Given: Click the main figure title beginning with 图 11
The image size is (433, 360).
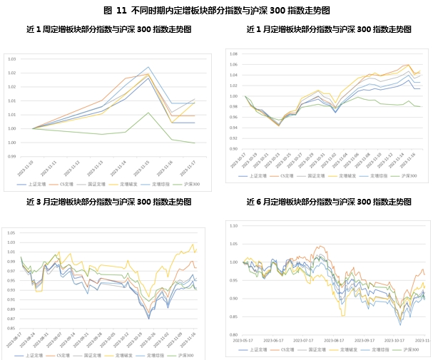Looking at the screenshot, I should point(216,10).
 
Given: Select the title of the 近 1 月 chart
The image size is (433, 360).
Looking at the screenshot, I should point(328,30).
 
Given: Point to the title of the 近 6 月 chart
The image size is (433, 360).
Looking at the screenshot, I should point(328,202).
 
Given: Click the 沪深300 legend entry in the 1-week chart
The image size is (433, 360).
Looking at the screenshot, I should point(184,184).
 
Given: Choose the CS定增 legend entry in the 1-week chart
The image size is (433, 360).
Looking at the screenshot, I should point(66,184).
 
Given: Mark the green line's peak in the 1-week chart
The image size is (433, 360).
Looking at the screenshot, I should point(148,113).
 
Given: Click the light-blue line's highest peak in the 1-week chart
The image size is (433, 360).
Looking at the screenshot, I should point(148,68).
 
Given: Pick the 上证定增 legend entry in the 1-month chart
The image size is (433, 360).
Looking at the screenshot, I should point(258,175).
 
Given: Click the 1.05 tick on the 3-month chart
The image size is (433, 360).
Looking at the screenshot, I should point(11,232).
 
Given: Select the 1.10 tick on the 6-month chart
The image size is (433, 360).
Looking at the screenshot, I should point(233,224).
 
